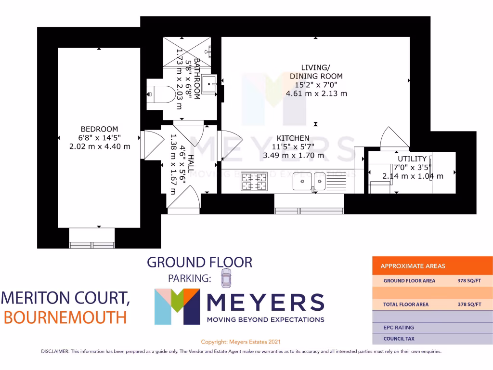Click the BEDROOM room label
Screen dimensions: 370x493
(99, 129)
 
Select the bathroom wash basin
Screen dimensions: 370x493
(210, 83)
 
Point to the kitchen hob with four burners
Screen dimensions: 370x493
(254, 182)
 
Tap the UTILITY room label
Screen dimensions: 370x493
(412, 159)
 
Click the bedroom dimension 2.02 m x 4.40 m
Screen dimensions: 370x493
(99, 146)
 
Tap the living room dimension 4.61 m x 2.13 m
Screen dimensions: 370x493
(316, 93)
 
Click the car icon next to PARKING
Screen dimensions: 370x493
(226, 278)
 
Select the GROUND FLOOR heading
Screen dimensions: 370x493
(199, 263)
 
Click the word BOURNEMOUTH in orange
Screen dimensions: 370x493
(65, 317)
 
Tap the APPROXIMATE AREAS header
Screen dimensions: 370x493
(413, 266)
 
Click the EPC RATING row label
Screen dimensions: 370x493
(398, 328)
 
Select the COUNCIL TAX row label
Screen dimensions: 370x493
(399, 339)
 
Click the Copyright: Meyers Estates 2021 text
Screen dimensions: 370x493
(240, 342)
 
